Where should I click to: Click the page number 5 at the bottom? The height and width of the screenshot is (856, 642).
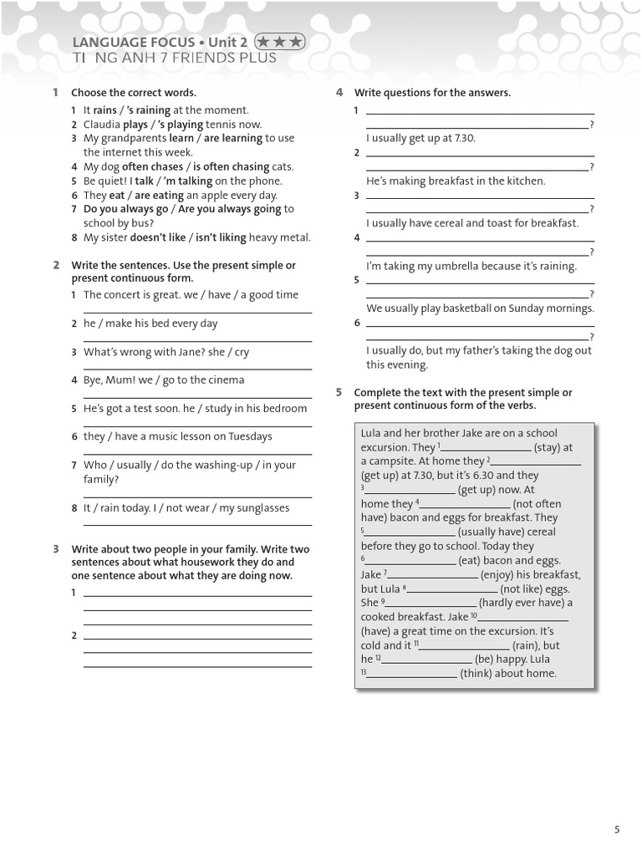[617, 829]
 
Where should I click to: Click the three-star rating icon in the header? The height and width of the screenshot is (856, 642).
[279, 41]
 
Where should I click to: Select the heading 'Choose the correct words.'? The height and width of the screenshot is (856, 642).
[134, 93]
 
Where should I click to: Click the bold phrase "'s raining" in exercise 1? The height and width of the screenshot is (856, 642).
[147, 110]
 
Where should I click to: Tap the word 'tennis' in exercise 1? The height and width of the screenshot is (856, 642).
[222, 125]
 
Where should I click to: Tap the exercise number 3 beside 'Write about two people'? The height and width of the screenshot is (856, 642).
[56, 549]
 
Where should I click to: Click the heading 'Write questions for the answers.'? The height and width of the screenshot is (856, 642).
[432, 93]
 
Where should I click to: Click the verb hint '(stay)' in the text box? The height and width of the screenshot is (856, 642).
[548, 447]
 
